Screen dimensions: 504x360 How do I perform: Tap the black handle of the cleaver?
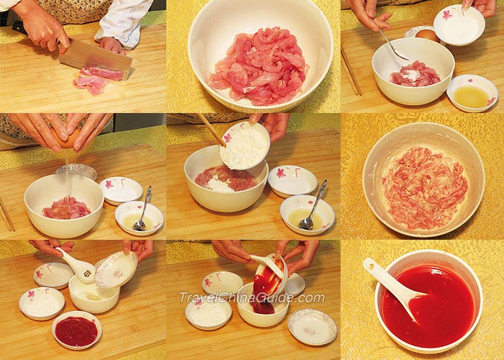[x=20, y=27]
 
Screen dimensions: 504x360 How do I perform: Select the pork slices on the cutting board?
[x=96, y=81]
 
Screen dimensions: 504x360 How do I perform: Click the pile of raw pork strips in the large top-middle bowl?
[x=258, y=67]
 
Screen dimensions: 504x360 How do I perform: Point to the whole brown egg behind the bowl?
[x=428, y=35]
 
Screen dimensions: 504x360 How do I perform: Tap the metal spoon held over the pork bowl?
[x=393, y=45]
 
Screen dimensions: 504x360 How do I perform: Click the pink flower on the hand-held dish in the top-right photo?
[x=447, y=14]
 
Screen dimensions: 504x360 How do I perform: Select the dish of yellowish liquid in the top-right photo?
[x=472, y=93]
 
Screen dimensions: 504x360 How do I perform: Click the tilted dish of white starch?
[x=245, y=145]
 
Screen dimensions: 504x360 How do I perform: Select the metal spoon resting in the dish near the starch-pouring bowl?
[x=312, y=206]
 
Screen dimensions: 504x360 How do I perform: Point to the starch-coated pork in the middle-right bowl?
[x=424, y=188]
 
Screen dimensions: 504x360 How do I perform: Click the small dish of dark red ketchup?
[x=76, y=330]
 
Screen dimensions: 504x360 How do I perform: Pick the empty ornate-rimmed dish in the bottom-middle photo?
[x=312, y=328]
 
